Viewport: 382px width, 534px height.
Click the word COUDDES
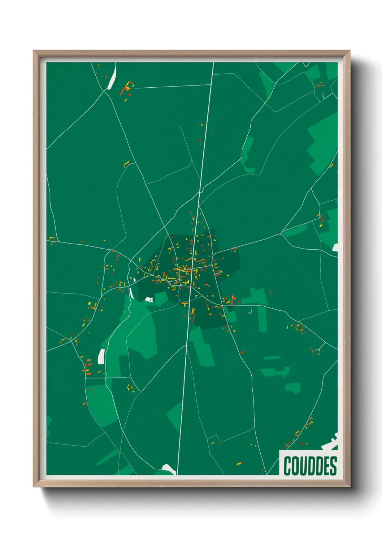click(310, 466)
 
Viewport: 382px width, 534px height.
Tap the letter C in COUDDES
click(288, 466)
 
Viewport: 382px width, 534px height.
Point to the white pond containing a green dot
click(149, 299)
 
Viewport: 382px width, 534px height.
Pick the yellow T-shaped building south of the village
click(186, 305)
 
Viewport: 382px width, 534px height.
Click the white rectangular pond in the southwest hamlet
click(101, 356)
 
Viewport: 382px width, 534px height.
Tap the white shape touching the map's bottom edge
click(169, 469)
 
